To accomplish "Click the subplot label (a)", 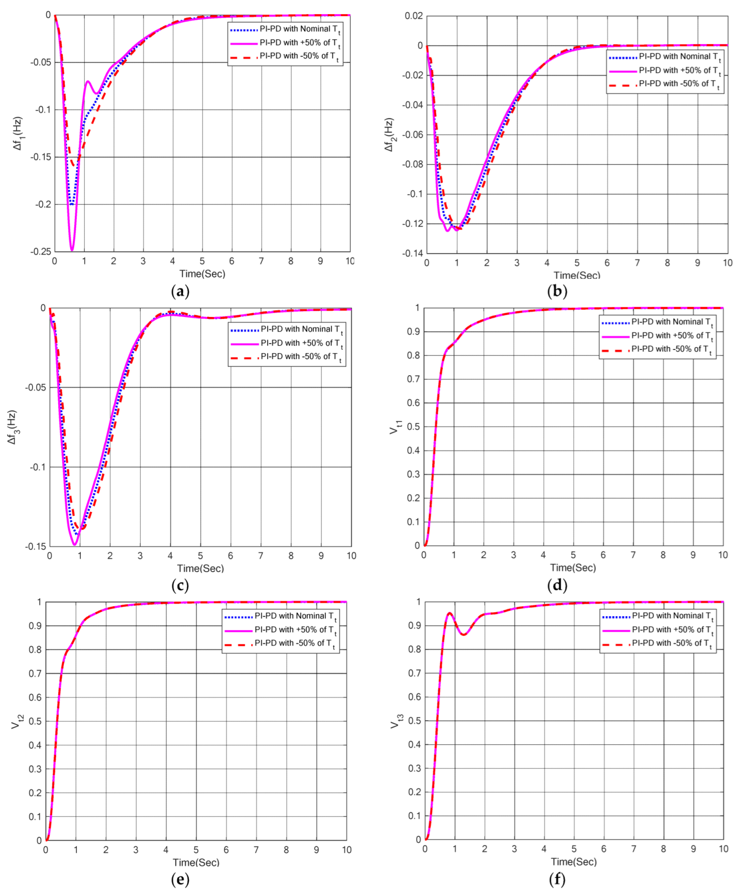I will click(x=180, y=291).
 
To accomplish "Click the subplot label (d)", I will click(x=557, y=585).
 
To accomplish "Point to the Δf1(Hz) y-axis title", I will click(x=18, y=134).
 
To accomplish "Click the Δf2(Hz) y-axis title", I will click(x=389, y=135).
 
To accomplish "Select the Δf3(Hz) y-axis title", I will click(x=12, y=427).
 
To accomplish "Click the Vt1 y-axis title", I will click(x=396, y=427).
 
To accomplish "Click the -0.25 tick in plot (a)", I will click(x=41, y=252).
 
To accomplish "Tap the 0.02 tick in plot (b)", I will click(x=414, y=16).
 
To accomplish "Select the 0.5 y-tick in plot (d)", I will click(x=414, y=427).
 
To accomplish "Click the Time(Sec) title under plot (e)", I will click(x=196, y=862).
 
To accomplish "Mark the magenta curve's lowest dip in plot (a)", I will click(x=72, y=250).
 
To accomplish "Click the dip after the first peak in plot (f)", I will click(x=463, y=635).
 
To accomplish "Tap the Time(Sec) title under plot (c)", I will click(x=200, y=569).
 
